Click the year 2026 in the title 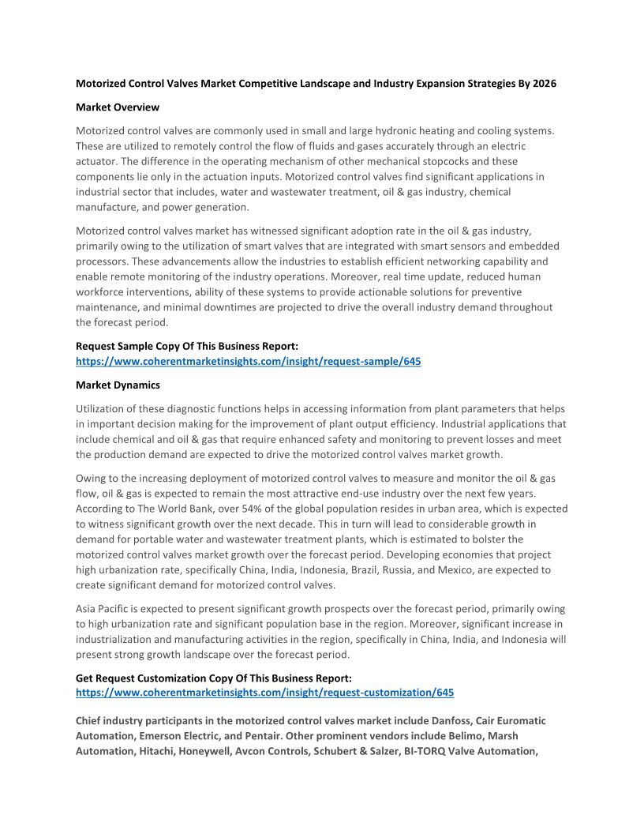544,83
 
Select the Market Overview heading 117,107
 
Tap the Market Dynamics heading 118,385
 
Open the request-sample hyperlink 248,361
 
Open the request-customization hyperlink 264,692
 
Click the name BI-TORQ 425,750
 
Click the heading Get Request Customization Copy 213,678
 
